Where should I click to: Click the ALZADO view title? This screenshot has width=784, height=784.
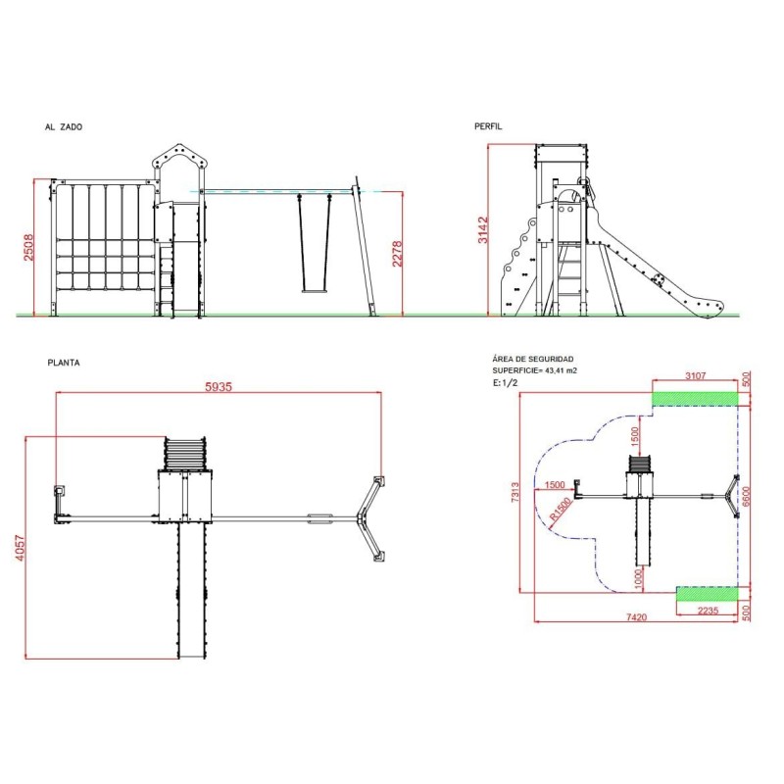click(x=64, y=127)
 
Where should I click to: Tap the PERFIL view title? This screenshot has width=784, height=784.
click(x=488, y=126)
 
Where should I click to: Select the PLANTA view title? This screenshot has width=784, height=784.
click(x=64, y=363)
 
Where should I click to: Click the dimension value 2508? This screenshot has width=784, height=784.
click(x=29, y=248)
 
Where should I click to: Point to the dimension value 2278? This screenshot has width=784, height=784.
click(x=397, y=254)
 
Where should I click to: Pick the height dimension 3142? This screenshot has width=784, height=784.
click(x=482, y=230)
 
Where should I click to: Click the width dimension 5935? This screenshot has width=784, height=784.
click(x=219, y=386)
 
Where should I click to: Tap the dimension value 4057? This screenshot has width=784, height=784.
click(x=19, y=548)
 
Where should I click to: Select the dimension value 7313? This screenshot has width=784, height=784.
click(x=515, y=492)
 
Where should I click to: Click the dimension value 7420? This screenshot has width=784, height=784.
click(x=636, y=617)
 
